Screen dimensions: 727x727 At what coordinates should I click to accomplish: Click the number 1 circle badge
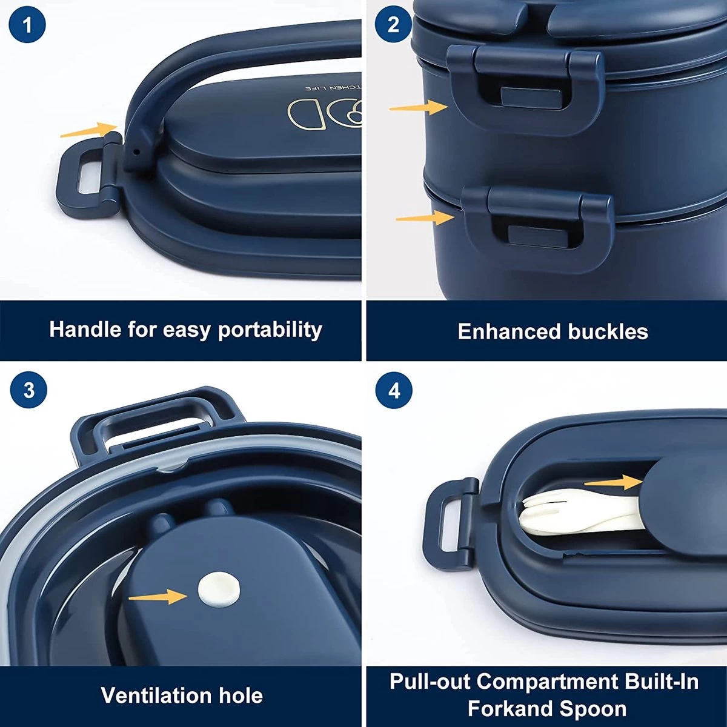click(x=27, y=25)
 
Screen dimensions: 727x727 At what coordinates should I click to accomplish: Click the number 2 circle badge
click(x=393, y=25)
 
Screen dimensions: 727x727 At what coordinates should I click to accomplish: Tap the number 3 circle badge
click(x=28, y=390)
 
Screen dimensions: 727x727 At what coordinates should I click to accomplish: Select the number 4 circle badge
click(x=394, y=391)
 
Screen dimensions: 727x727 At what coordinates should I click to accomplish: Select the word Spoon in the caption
click(x=597, y=709)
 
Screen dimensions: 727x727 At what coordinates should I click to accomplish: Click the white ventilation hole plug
click(x=219, y=589)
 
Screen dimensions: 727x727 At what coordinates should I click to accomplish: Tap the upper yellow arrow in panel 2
click(x=418, y=107)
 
